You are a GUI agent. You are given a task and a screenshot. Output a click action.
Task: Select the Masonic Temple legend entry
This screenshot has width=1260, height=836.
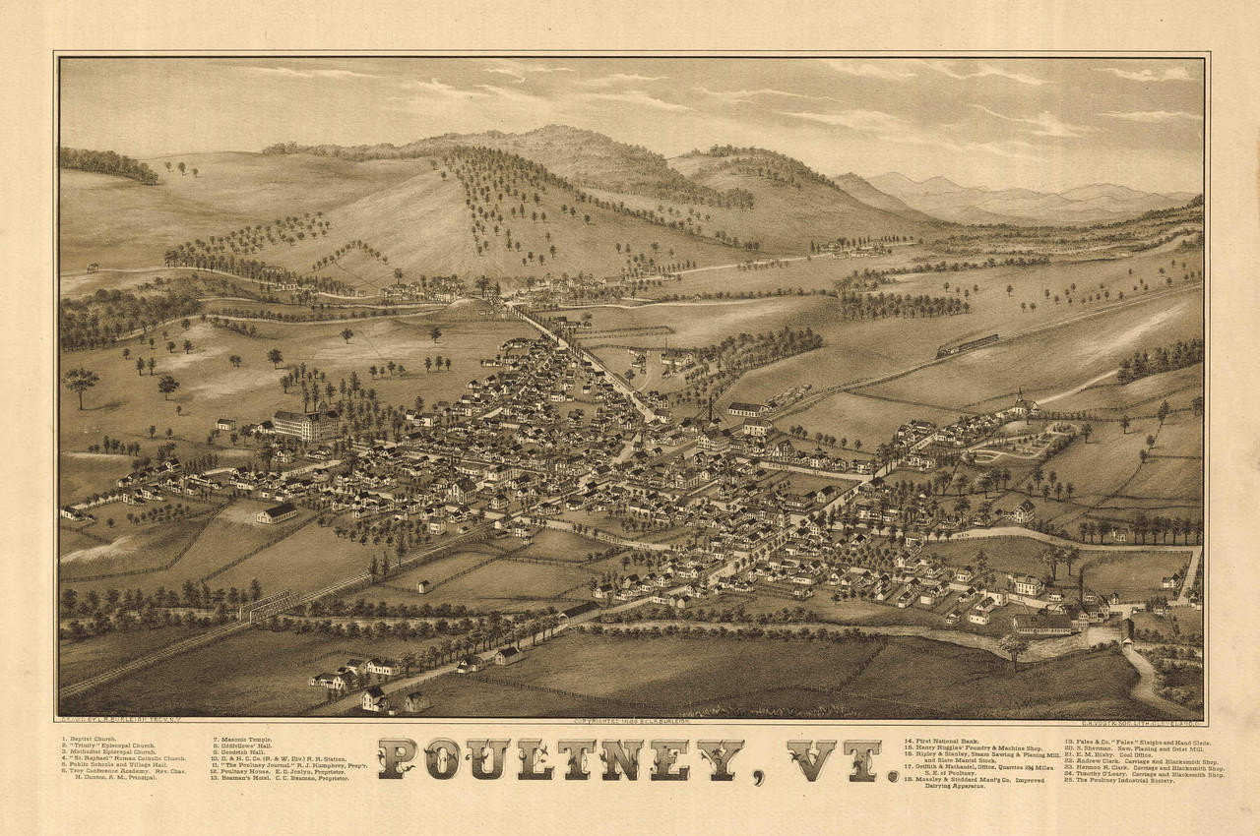(x=242, y=739)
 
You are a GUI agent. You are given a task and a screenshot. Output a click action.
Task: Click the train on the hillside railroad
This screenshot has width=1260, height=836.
(x=967, y=345)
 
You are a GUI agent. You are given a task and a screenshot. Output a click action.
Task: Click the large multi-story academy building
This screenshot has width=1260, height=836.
(x=305, y=425)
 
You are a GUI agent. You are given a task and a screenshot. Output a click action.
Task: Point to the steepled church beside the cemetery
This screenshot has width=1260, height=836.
(x=1021, y=405)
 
